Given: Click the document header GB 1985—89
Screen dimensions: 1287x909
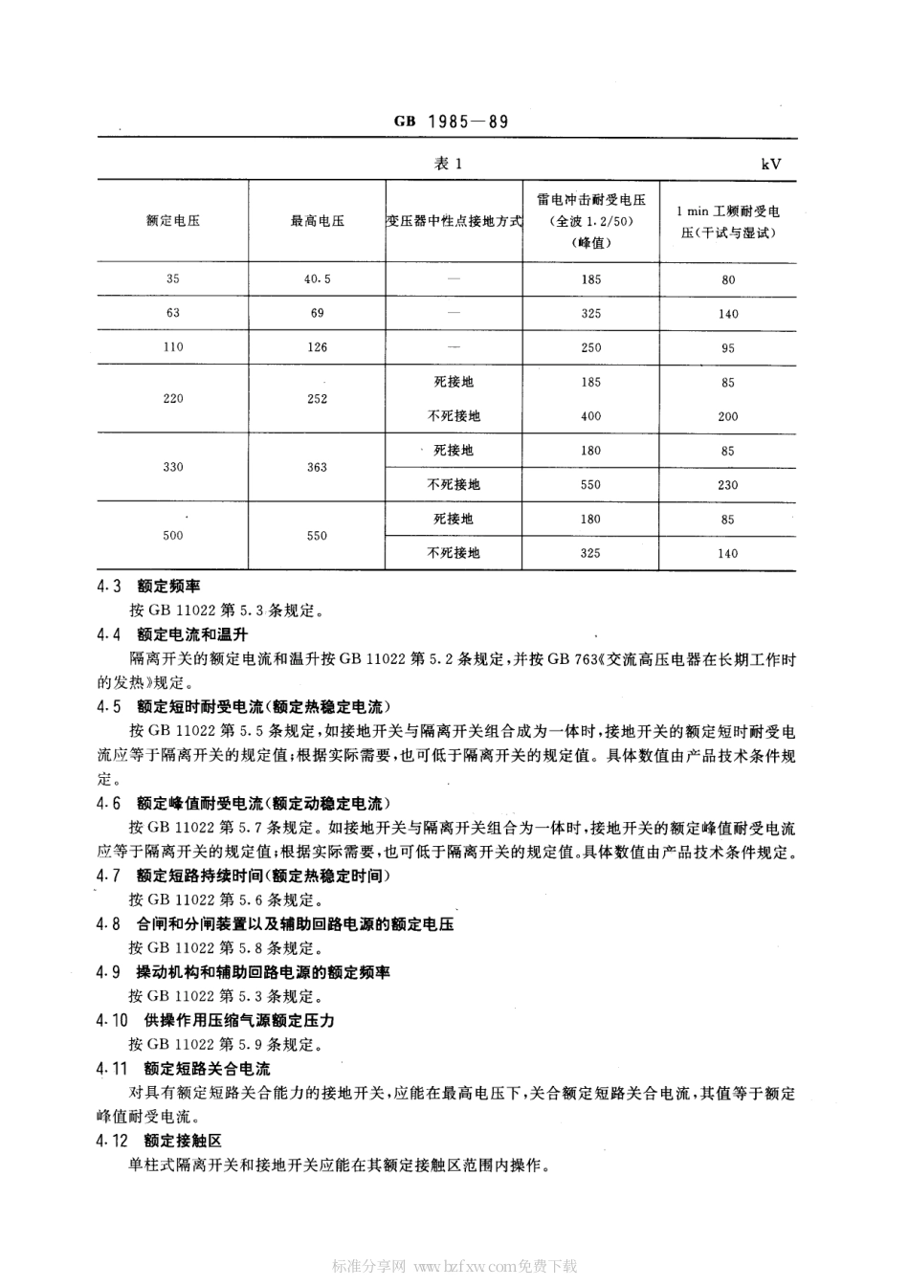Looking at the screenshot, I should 450,122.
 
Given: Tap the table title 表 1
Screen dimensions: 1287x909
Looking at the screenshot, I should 448,164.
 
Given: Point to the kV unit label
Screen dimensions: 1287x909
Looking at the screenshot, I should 771,164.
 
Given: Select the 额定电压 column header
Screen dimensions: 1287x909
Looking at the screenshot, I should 173,221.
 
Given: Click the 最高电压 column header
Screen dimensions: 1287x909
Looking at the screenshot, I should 318,221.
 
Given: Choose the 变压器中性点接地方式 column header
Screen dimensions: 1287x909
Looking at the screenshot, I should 454,221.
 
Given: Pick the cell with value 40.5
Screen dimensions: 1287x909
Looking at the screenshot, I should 318,279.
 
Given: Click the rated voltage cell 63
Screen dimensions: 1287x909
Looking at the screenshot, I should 173,313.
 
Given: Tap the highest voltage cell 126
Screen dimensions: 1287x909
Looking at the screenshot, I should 318,347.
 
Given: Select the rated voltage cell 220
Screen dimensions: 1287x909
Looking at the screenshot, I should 173,398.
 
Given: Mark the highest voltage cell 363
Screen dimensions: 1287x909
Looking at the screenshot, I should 318,467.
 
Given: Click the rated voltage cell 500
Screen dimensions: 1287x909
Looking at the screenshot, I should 173,536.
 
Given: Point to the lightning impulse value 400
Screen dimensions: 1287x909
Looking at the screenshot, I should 591,416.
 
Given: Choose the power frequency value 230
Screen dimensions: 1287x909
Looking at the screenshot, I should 728,485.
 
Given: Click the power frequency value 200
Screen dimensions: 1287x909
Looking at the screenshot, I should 728,416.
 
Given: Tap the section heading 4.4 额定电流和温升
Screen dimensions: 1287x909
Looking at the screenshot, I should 172,634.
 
